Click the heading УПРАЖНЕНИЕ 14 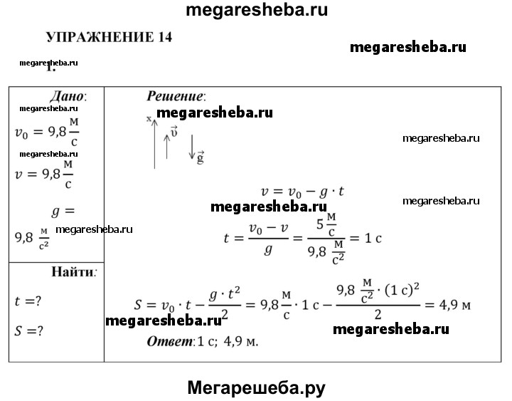[110, 38]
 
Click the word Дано [68, 95]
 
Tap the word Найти [74, 272]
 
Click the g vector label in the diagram [201, 158]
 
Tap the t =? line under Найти [28, 301]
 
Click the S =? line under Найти [28, 331]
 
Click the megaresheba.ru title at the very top [256, 10]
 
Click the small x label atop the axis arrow [149, 119]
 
